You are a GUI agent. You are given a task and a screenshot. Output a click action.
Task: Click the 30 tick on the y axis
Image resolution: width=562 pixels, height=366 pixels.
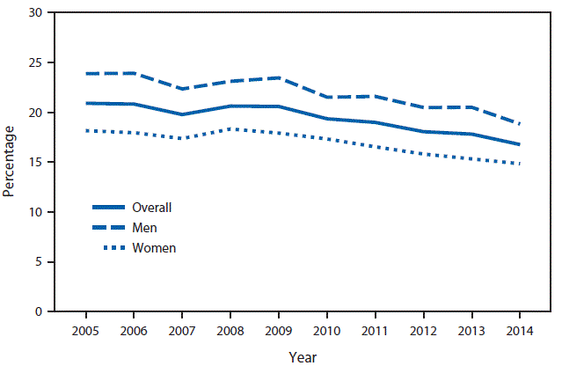[x=35, y=13]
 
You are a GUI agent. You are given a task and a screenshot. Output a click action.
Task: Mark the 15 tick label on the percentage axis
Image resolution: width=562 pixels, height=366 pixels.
[x=35, y=163]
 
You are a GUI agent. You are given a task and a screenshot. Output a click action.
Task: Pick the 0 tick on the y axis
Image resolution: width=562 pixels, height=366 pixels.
[x=39, y=311]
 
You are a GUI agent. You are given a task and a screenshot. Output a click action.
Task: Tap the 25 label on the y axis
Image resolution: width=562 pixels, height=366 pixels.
[x=35, y=63]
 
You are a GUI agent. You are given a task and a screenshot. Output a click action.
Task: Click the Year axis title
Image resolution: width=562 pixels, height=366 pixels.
[x=303, y=356]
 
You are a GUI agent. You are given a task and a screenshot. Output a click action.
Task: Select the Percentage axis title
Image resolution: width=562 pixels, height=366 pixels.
[x=10, y=161]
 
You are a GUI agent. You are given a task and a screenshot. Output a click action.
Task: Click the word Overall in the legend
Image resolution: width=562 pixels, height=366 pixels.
[x=151, y=209]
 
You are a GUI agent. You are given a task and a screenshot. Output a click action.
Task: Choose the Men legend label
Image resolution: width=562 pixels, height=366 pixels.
[x=144, y=228]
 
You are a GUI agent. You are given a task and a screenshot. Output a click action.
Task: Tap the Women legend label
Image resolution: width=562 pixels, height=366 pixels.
[x=154, y=248]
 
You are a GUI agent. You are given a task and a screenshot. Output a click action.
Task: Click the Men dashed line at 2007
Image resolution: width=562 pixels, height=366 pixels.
[x=182, y=89]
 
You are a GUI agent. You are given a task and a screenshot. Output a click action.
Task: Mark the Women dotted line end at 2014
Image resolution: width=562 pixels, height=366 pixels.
[x=520, y=164]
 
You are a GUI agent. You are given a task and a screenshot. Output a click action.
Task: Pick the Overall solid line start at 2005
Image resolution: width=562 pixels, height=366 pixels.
[x=85, y=103]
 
